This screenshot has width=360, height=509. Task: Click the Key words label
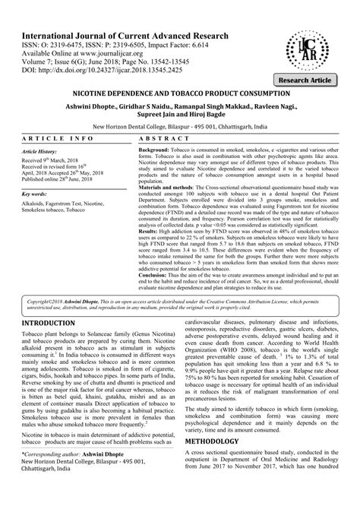click(x=37, y=193)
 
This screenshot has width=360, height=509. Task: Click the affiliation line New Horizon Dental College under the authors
click(x=179, y=127)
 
